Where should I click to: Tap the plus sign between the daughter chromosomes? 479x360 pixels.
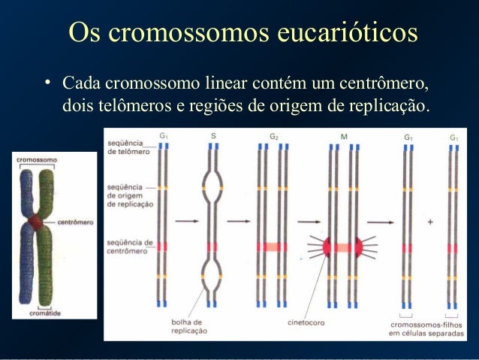[429, 222]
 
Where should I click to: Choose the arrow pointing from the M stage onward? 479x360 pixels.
[381, 222]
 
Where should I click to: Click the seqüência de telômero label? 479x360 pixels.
[128, 147]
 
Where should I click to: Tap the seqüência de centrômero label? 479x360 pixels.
[131, 247]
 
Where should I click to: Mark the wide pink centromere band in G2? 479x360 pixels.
[273, 247]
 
